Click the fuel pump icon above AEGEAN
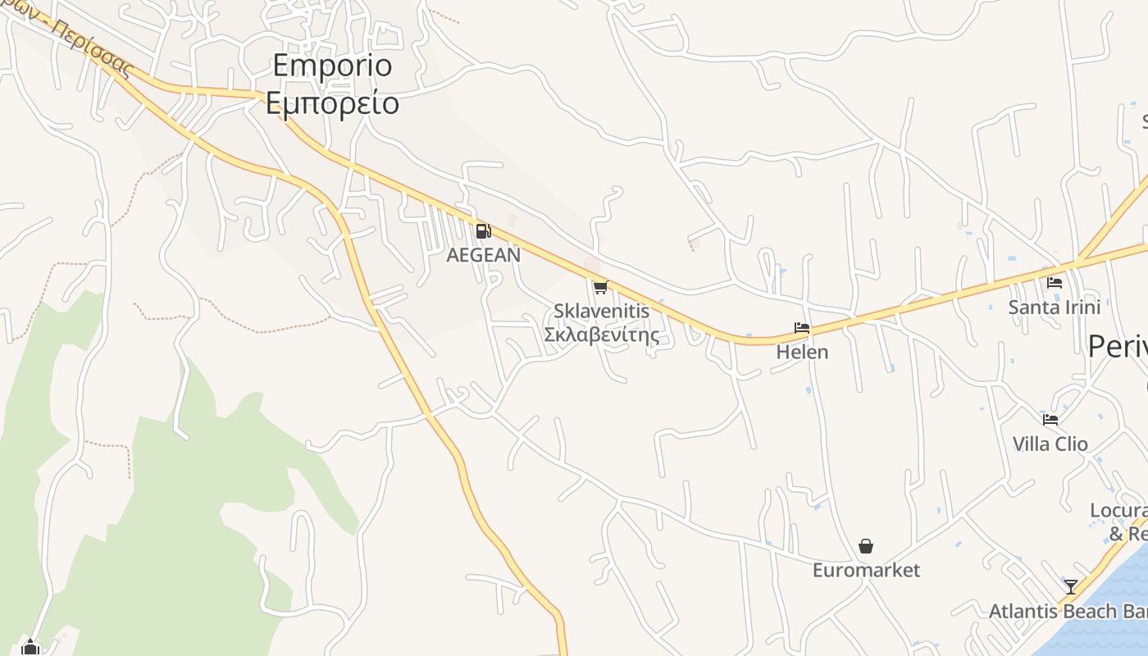pyautogui.click(x=483, y=231)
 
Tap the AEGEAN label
pyautogui.click(x=483, y=255)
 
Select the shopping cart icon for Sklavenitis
pyautogui.click(x=600, y=286)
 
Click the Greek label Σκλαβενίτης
pyautogui.click(x=601, y=335)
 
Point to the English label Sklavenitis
pyautogui.click(x=601, y=312)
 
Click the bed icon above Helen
pyautogui.click(x=802, y=328)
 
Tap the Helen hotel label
pyautogui.click(x=802, y=352)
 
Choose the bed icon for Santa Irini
pyautogui.click(x=1055, y=283)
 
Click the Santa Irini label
pyautogui.click(x=1054, y=307)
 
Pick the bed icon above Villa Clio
pyautogui.click(x=1050, y=420)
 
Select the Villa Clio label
pyautogui.click(x=1050, y=444)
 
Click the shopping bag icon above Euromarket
pyautogui.click(x=866, y=546)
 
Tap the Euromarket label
pyautogui.click(x=866, y=570)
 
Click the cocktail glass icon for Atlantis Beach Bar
pyautogui.click(x=1071, y=587)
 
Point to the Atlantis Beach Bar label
pyautogui.click(x=1067, y=611)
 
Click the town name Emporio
pyautogui.click(x=332, y=65)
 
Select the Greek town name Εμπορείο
pyautogui.click(x=332, y=103)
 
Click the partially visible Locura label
pyautogui.click(x=1118, y=511)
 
